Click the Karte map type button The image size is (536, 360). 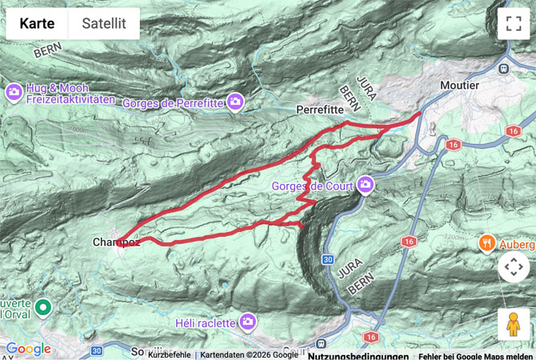(37, 24)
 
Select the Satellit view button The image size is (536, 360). (103, 24)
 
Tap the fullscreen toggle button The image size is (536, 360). (513, 24)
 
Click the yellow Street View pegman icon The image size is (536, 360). (513, 324)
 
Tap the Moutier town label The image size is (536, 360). (459, 85)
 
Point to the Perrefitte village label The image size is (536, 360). (319, 108)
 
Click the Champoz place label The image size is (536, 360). (116, 242)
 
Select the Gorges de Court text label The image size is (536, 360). (312, 186)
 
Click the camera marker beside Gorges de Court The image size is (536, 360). (366, 186)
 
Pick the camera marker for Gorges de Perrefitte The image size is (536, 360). (234, 102)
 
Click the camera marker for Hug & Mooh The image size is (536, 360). (14, 93)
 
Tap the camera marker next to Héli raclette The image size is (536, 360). (248, 322)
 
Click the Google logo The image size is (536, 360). (28, 349)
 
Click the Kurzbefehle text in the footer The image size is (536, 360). (169, 355)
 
